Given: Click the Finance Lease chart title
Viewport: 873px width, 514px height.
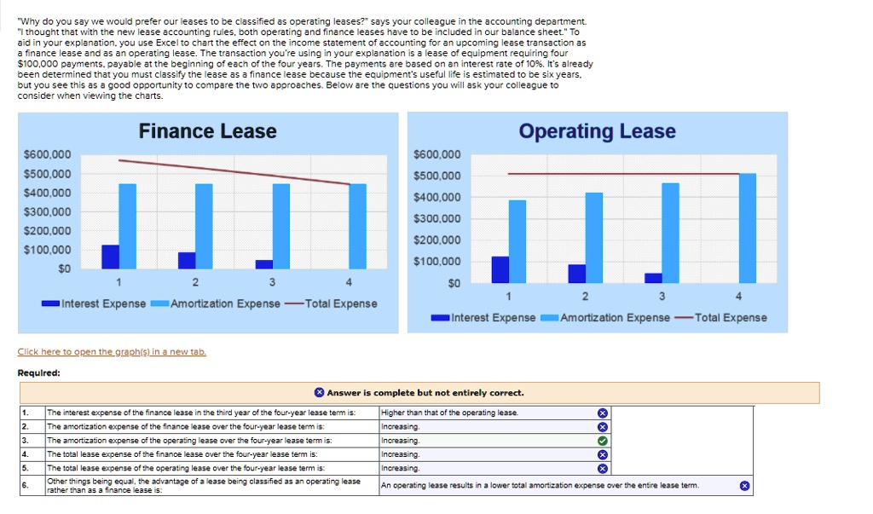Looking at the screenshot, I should (x=207, y=131).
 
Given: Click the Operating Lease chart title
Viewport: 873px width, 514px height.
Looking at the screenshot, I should (x=597, y=131).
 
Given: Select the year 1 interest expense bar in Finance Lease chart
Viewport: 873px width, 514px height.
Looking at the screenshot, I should (x=110, y=257).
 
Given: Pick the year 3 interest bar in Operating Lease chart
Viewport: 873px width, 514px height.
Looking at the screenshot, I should (x=653, y=277).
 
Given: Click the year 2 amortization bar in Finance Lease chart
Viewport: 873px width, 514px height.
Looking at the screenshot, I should (x=204, y=226).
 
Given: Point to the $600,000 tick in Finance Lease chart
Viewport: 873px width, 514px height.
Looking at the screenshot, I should (x=53, y=154).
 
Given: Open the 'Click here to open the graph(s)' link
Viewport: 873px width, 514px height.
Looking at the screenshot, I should (x=112, y=352).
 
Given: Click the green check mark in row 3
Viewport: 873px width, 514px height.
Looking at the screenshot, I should (x=602, y=441).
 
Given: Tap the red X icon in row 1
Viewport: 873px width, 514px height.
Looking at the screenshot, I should (x=602, y=413).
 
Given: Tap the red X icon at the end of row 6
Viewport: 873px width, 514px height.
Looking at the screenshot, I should (x=744, y=485).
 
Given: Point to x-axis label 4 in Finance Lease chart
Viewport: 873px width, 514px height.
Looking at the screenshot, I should (x=349, y=283).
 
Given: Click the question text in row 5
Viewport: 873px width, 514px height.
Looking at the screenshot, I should (x=186, y=468).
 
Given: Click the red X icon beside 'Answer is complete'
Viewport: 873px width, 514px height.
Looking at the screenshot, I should (x=319, y=393).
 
